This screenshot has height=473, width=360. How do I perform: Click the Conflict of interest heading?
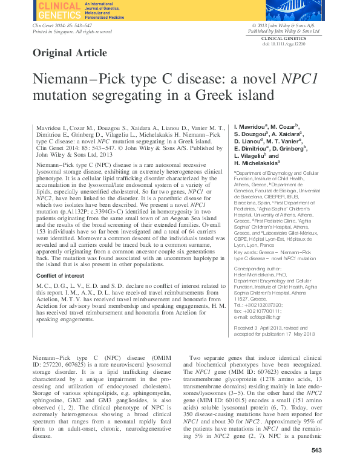coord(61,275)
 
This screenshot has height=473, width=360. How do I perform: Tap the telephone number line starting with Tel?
coord(258,288)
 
